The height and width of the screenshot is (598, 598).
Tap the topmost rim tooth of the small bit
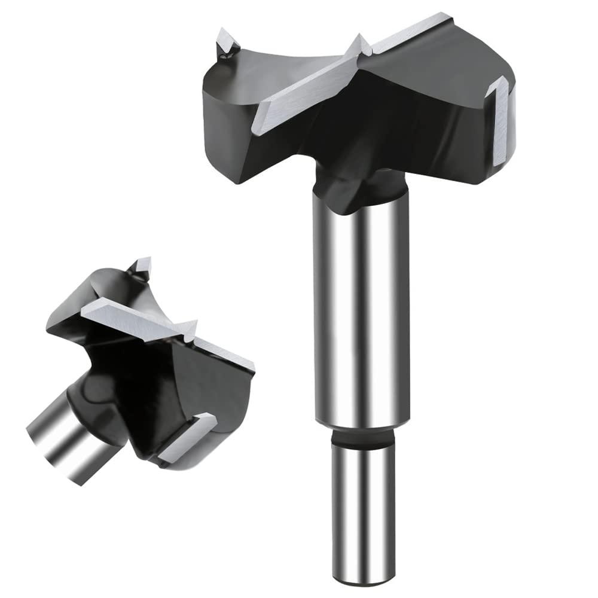click(x=142, y=266)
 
